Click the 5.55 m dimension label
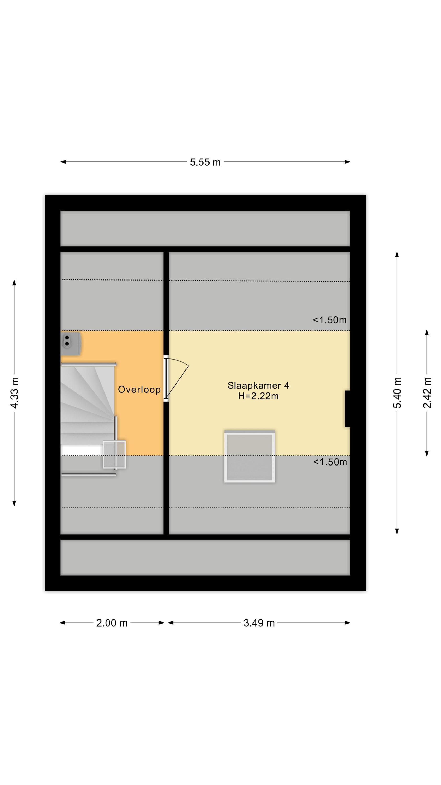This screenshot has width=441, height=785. point(205,162)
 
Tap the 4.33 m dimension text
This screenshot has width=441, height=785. point(14,392)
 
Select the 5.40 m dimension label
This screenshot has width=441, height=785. point(397,392)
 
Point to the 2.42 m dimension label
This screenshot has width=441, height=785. point(427,392)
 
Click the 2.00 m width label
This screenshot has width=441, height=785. point(112,623)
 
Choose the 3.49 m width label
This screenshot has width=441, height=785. point(259,623)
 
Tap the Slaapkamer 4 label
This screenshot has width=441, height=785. point(258,385)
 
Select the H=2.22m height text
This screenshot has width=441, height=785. point(258,396)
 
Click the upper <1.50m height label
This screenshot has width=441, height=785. point(330,320)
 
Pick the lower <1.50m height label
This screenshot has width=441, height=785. point(330,462)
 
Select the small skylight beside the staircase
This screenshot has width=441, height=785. point(114,454)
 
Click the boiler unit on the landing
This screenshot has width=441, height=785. point(71,343)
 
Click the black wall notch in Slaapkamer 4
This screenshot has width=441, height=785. point(347,409)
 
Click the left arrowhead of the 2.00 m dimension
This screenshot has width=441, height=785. point(63,623)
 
